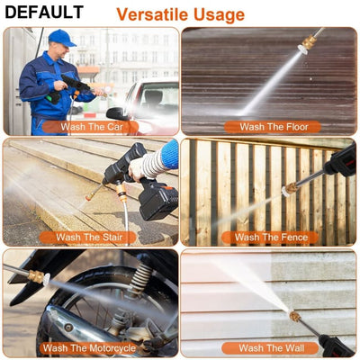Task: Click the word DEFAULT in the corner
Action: pos(43,13)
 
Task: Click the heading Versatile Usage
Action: pos(180,14)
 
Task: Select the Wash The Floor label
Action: pos(267,127)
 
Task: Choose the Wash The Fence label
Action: pos(267,238)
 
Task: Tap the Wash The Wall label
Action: pos(267,348)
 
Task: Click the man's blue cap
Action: pos(61,37)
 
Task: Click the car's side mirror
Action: pos(117,113)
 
